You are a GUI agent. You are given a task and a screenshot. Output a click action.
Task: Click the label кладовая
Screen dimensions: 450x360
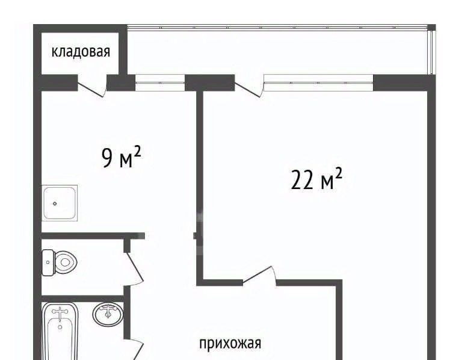pyautogui.click(x=81, y=52)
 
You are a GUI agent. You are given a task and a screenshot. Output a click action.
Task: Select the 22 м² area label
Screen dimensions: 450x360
pyautogui.click(x=316, y=179)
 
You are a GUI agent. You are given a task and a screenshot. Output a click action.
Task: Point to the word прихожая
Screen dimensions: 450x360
pyautogui.click(x=230, y=343)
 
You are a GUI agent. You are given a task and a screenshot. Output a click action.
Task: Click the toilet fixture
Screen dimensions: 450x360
pyautogui.click(x=60, y=262)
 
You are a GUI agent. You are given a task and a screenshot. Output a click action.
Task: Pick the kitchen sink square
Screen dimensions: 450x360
pyautogui.click(x=60, y=203)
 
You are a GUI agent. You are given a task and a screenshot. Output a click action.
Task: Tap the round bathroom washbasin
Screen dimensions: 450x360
pyautogui.click(x=108, y=314)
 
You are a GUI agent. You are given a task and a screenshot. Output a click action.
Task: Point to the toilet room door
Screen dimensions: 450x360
pyautogui.click(x=134, y=267)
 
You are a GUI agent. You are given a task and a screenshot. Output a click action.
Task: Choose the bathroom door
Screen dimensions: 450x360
pyautogui.click(x=135, y=349)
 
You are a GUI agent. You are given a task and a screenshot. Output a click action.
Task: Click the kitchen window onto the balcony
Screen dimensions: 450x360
pyautogui.click(x=160, y=82)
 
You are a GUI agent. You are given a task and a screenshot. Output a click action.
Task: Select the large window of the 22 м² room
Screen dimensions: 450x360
pyautogui.click(x=319, y=82)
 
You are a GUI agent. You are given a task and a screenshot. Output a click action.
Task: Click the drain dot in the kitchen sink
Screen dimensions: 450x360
pyautogui.click(x=55, y=203)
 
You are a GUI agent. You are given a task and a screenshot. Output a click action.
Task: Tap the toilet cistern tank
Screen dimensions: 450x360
pyautogui.click(x=48, y=262)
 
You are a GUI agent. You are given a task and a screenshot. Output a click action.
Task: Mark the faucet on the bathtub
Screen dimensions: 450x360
pyautogui.click(x=60, y=314)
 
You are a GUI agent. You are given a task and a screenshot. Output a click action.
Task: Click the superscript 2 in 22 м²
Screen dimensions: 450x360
pyautogui.click(x=339, y=174)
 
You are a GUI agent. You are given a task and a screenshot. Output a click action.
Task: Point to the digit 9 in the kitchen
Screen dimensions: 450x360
pyautogui.click(x=107, y=157)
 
